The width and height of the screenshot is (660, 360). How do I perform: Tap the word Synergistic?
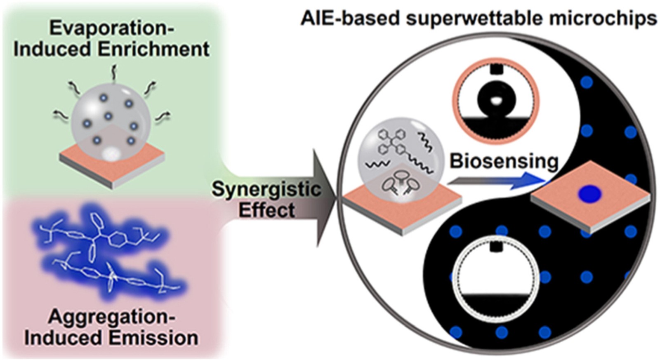(x=266, y=189)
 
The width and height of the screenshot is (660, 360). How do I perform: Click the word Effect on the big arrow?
(x=266, y=210)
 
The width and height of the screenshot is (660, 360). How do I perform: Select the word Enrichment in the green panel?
(x=153, y=49)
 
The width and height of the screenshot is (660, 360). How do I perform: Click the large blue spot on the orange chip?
(x=589, y=194)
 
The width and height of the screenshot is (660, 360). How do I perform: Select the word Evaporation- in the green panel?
(x=111, y=28)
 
